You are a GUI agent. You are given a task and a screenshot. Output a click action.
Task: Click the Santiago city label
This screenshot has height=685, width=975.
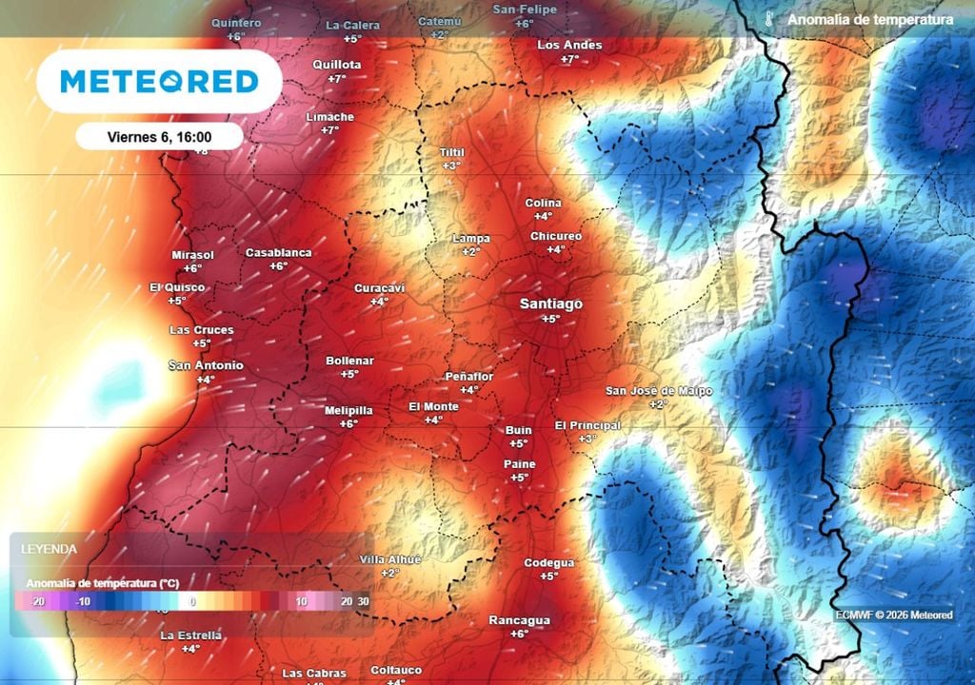coord(550,303)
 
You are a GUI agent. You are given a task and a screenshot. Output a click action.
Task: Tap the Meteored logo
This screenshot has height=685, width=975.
coord(159,82)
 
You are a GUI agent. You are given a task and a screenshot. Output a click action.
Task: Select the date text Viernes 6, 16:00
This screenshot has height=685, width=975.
coord(159,137)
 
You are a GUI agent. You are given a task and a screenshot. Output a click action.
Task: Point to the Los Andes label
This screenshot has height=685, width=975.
coord(569,45)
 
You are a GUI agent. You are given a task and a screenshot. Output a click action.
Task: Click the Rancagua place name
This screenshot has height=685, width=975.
coord(519,620)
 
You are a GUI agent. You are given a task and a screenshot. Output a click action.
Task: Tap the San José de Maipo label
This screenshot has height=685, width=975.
coord(659,391)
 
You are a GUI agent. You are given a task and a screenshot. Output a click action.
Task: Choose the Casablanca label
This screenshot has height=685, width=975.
coord(278,252)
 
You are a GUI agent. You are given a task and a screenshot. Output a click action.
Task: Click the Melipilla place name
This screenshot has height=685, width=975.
coord(348,410)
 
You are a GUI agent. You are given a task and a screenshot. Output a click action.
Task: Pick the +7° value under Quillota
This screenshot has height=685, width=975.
coord(336,79)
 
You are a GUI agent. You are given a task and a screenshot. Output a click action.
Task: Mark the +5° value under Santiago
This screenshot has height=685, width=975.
coord(550,319)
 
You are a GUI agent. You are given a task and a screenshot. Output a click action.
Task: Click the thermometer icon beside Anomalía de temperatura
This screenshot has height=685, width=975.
coord(767,19)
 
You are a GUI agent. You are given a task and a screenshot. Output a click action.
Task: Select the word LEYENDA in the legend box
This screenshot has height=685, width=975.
coord(50,549)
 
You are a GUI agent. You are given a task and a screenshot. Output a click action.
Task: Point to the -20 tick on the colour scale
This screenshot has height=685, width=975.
coord(38,601)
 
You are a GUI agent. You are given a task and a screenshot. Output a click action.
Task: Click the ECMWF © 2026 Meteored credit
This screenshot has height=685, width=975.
coord(893,615)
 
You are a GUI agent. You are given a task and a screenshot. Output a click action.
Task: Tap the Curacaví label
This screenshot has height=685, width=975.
coord(379,287)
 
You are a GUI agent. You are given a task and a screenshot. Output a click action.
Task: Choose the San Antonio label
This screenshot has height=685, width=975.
coord(206,365)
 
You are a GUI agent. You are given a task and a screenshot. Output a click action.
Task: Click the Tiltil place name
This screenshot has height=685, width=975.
coord(451,152)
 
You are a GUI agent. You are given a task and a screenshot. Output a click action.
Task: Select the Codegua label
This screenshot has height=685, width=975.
coord(548,563)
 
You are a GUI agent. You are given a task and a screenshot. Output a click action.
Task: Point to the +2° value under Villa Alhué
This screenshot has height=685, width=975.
coord(390,573)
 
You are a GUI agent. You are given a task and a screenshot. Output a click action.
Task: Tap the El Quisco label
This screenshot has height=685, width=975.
coord(176,287)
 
